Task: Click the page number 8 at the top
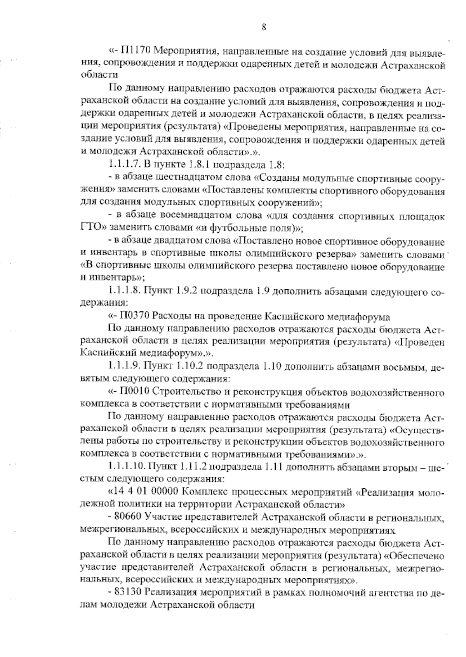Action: (x=264, y=27)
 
